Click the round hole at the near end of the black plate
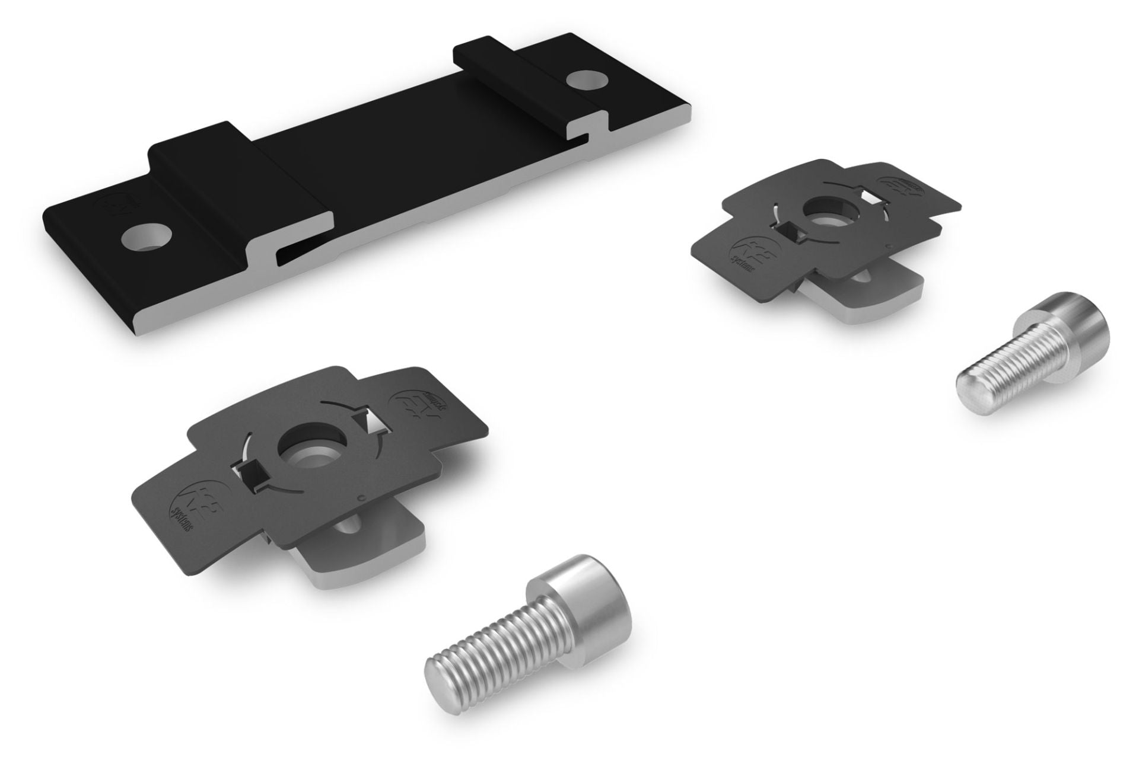point(145,237)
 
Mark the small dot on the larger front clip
point(362,497)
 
